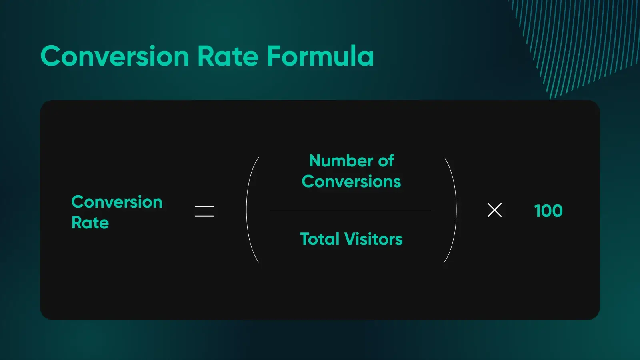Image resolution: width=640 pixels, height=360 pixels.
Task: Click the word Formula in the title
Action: (320, 56)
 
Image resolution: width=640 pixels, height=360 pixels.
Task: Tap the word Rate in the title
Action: (228, 56)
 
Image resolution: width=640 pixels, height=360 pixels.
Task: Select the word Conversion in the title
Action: (114, 56)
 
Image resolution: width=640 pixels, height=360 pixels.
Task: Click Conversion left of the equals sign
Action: (117, 202)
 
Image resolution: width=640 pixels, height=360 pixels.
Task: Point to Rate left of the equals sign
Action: (90, 223)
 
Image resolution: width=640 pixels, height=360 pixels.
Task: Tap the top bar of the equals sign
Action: (204, 206)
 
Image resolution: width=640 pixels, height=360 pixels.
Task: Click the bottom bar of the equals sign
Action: (204, 216)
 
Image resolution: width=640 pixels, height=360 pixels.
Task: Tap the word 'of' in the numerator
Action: (386, 160)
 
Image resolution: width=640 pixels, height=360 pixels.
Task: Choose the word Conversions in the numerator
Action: (351, 182)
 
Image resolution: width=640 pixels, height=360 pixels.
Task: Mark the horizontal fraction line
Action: (351, 210)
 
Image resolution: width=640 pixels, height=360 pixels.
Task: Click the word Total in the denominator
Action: (320, 239)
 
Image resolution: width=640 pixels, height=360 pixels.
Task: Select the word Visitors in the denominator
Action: (373, 239)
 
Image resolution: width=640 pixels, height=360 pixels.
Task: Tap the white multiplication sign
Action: (494, 210)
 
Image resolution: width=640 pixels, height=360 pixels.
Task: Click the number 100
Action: (548, 211)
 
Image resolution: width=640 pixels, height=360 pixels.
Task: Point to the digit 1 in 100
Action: (538, 211)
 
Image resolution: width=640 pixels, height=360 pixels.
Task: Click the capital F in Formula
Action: (274, 56)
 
